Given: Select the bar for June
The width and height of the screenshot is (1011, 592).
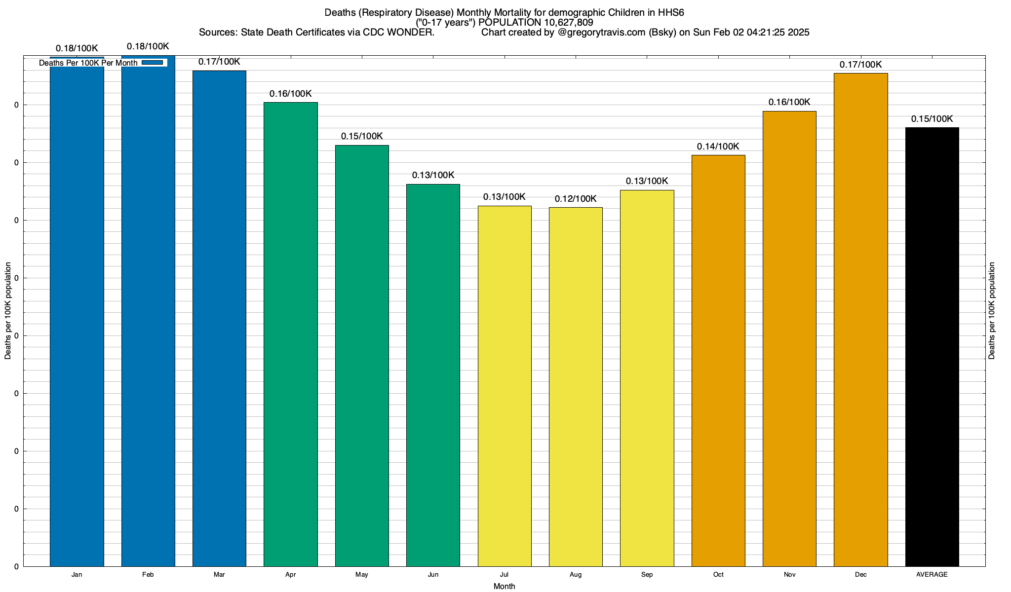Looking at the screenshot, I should click(433, 375).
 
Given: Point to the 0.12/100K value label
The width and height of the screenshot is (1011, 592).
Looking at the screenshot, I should click(576, 199).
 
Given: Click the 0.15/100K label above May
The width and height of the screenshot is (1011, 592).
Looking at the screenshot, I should click(362, 136).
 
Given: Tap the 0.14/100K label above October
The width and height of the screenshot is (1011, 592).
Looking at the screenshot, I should click(718, 147).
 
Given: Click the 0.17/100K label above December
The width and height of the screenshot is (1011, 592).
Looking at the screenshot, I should click(861, 65).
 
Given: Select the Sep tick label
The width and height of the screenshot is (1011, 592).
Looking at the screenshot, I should click(647, 575).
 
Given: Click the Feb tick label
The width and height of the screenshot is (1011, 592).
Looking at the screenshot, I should click(148, 575).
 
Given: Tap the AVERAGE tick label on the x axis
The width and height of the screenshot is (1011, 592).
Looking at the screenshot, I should click(932, 575).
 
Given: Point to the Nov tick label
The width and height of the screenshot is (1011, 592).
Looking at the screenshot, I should click(789, 575).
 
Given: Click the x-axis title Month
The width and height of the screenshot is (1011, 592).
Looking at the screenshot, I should click(504, 587).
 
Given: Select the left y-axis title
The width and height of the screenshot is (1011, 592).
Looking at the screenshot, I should click(8, 311).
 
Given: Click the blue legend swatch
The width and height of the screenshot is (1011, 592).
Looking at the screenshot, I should click(152, 63).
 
